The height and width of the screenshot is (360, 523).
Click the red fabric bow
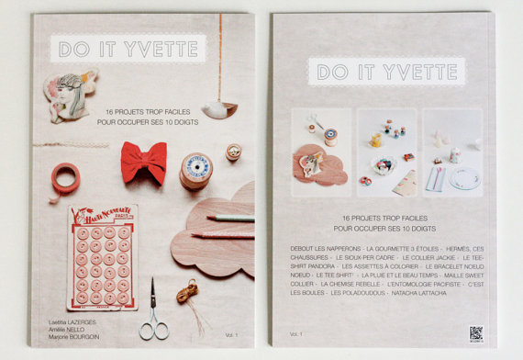(x=144, y=162)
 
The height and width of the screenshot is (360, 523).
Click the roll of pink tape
(x=65, y=177)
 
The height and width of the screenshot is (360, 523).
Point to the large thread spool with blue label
(x=195, y=170)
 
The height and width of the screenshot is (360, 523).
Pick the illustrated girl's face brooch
(x=69, y=94)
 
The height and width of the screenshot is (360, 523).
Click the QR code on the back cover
(x=475, y=332)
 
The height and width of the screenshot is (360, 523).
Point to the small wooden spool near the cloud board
(x=233, y=152)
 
